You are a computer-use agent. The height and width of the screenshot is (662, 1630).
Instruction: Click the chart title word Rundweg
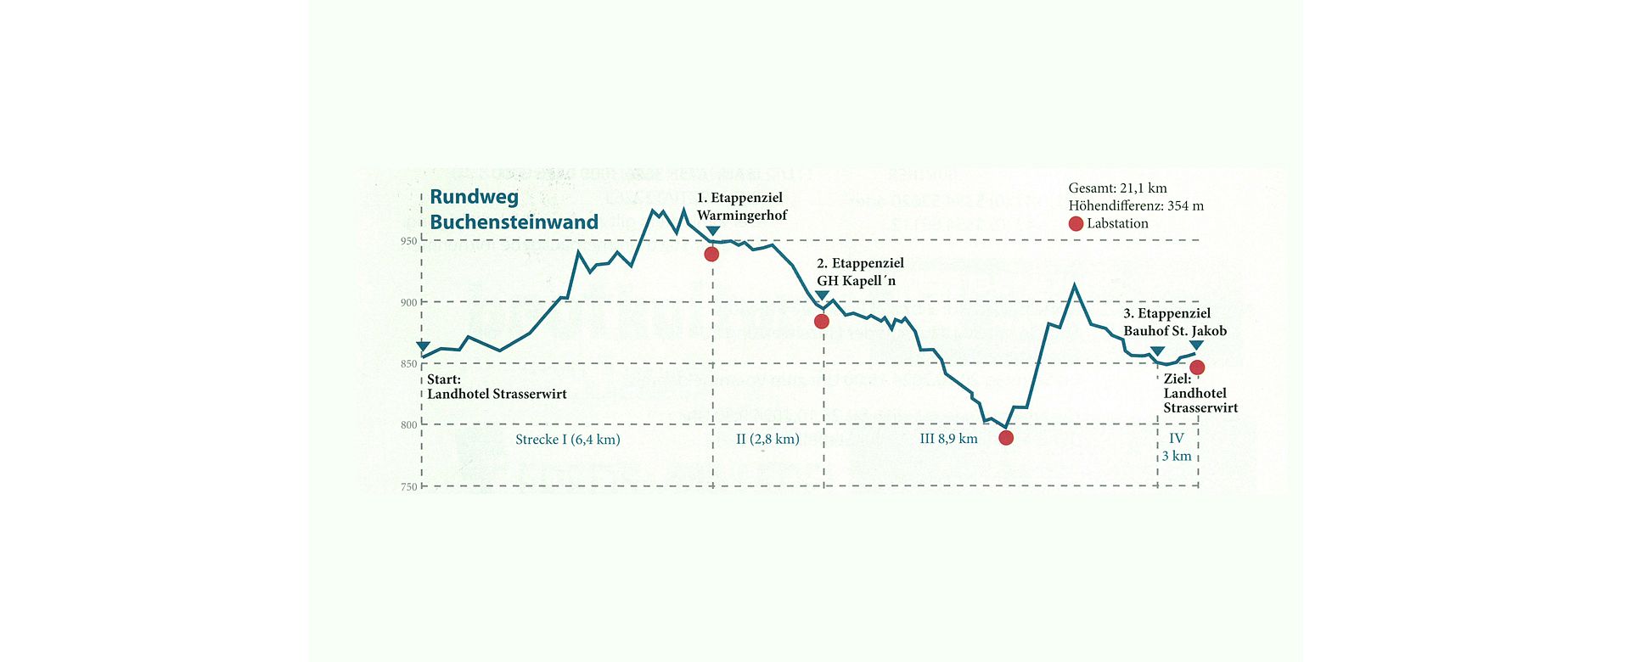474,198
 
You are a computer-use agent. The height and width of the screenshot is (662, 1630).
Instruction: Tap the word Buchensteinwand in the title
514,222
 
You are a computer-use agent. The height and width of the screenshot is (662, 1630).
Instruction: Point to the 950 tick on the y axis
409,241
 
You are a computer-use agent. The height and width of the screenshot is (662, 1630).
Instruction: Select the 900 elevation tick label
409,303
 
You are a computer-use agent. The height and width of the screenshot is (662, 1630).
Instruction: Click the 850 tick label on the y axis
409,364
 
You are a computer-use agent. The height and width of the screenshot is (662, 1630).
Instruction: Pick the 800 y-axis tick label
409,425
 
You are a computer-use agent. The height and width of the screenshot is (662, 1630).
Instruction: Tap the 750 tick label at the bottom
409,487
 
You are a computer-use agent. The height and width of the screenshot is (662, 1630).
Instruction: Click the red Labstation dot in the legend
1076,224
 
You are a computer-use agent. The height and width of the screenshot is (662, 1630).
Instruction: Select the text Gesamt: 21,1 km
1117,188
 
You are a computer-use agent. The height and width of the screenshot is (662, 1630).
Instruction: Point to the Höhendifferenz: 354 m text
1136,206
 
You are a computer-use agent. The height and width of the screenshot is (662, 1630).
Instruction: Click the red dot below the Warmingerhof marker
711,255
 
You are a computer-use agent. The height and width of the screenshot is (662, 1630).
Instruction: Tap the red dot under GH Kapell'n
821,322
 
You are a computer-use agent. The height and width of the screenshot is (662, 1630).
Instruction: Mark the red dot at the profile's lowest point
1006,438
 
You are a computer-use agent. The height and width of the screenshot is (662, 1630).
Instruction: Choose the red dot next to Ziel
1197,367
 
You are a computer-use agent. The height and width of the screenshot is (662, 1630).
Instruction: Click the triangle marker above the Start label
423,346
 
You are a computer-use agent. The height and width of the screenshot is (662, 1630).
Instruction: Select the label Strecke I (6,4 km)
568,440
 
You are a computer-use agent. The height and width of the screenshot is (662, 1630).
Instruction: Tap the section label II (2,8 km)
767,440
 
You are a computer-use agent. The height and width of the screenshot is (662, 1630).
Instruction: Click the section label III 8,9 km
948,440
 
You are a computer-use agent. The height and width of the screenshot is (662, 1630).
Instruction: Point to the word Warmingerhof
742,216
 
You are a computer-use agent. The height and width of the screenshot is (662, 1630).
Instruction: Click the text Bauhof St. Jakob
1175,331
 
